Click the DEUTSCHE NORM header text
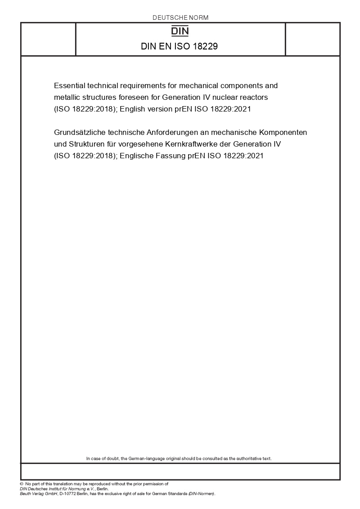[180, 18]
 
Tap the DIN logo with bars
[180, 31]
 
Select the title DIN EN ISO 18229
[180, 46]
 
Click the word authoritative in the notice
[246, 459]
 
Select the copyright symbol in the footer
[22, 484]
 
